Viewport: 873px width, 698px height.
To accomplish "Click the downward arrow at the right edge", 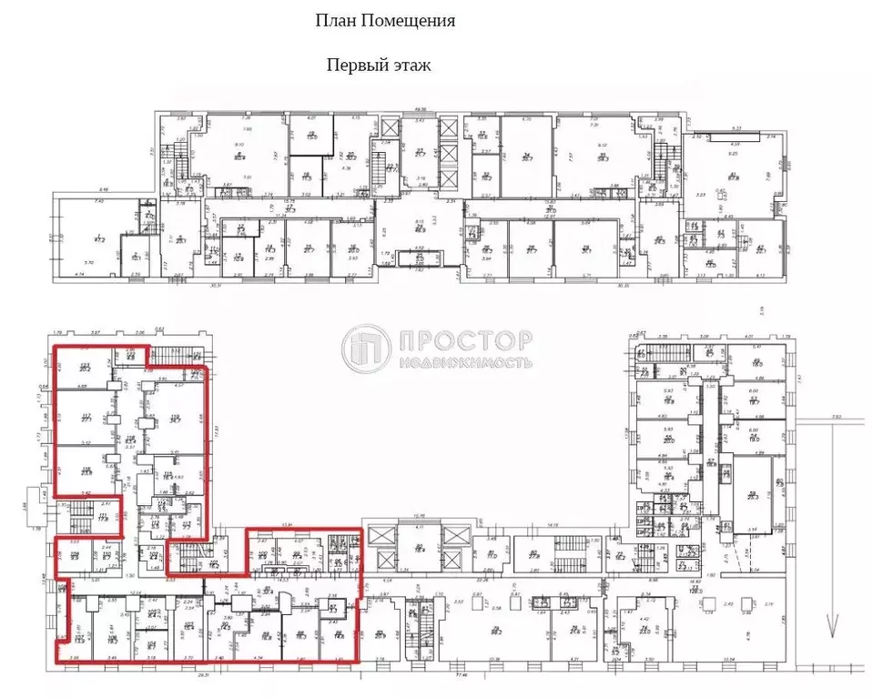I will pos(829,628).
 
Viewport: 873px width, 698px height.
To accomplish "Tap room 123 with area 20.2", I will pos(85,369).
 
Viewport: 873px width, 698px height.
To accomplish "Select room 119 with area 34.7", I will pos(175,420).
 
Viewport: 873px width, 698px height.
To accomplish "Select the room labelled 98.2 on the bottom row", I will pos(497,631).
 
